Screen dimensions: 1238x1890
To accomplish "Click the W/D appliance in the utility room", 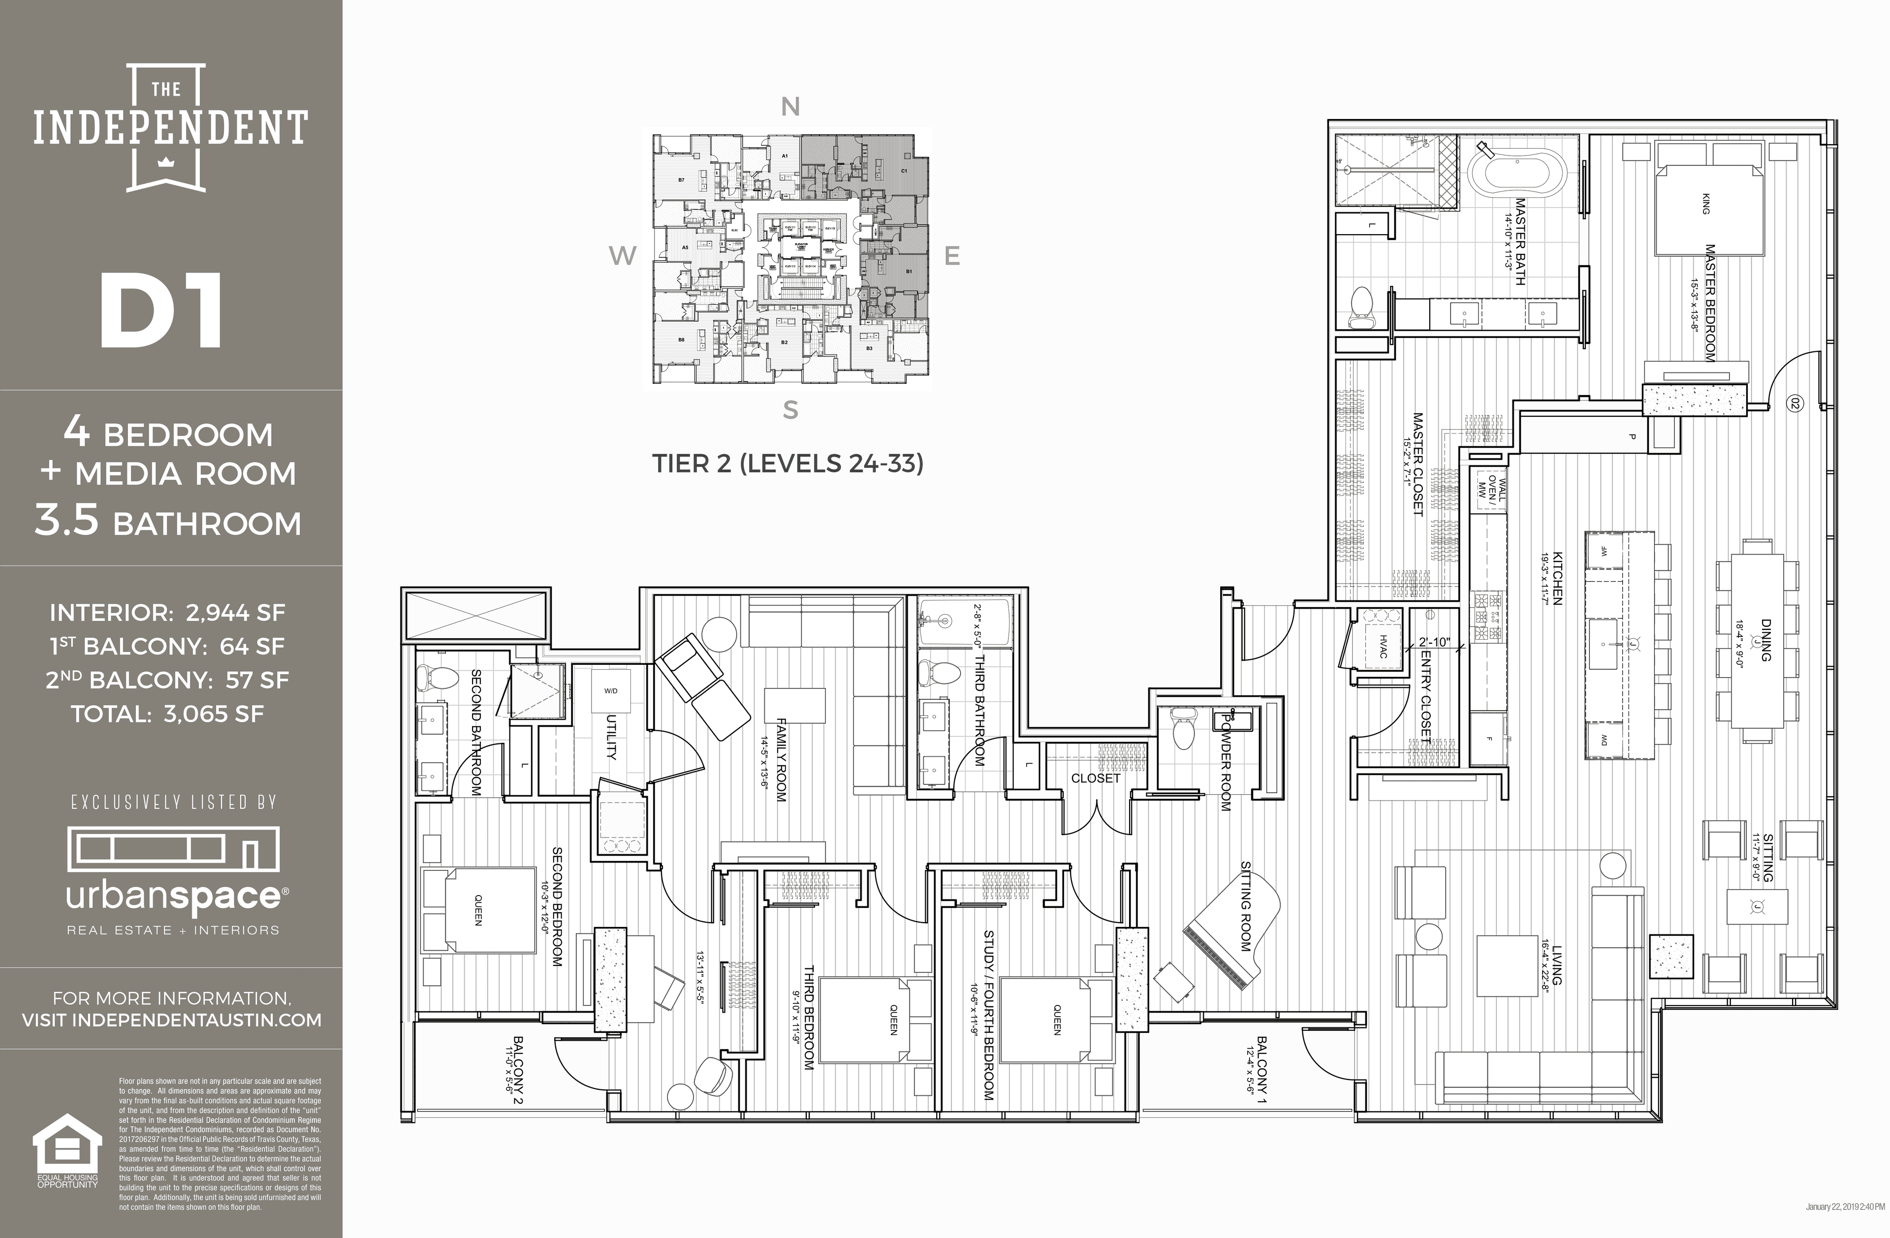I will pos(610,691).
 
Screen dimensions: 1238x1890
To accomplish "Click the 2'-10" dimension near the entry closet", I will pos(1434,642).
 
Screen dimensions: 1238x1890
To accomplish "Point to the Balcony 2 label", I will pos(518,1069).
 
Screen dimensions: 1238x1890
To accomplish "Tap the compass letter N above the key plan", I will pos(789,106).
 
